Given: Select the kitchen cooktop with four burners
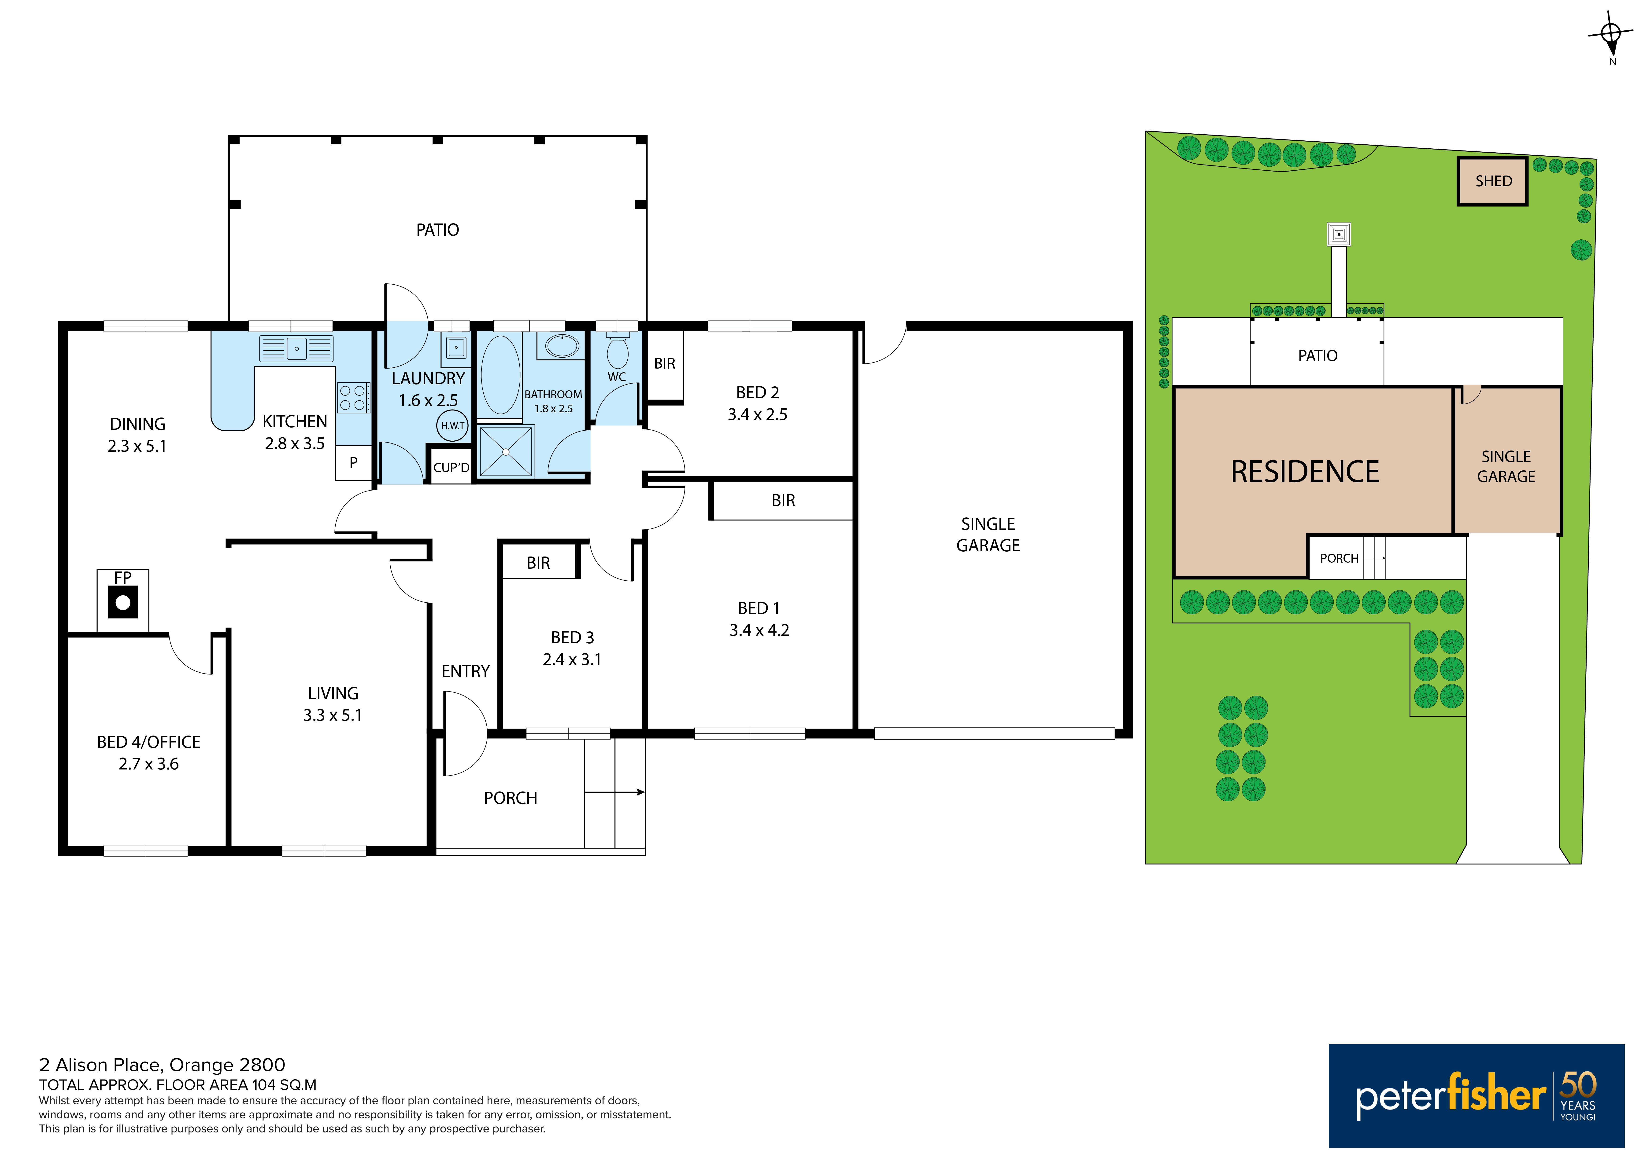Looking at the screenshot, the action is [354, 398].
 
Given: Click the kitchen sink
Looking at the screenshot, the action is [296, 348].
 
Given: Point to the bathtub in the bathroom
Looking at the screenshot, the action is [500, 375].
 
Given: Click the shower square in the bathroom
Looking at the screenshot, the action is [506, 451].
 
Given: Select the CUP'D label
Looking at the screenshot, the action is [451, 468].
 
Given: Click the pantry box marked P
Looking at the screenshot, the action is [354, 463].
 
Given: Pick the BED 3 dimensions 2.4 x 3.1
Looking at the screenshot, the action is [572, 659].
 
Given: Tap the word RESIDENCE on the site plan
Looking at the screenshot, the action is [1305, 471].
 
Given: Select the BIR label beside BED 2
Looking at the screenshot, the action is [665, 363].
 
